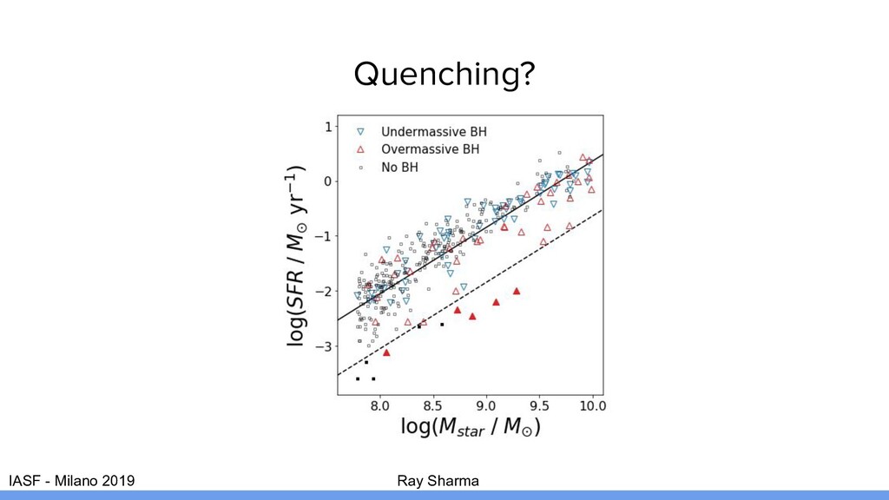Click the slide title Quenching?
click(x=444, y=75)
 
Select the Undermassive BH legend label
click(x=434, y=132)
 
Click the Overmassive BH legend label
click(x=431, y=149)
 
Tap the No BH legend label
click(x=399, y=168)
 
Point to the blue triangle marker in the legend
click(x=360, y=132)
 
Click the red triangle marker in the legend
click(x=360, y=149)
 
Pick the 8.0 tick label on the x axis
click(x=380, y=406)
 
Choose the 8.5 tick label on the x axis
click(x=433, y=406)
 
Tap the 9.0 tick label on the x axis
click(x=486, y=406)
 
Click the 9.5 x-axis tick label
click(x=539, y=406)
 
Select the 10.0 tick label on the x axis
click(x=592, y=406)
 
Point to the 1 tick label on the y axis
click(x=328, y=127)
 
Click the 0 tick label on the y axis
click(x=328, y=181)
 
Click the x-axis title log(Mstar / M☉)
click(x=471, y=426)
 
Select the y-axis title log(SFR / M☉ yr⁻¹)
click(x=296, y=255)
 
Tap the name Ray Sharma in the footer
click(x=438, y=481)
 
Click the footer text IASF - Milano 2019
click(x=71, y=481)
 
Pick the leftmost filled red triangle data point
click(x=386, y=352)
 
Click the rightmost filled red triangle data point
click(x=517, y=292)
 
